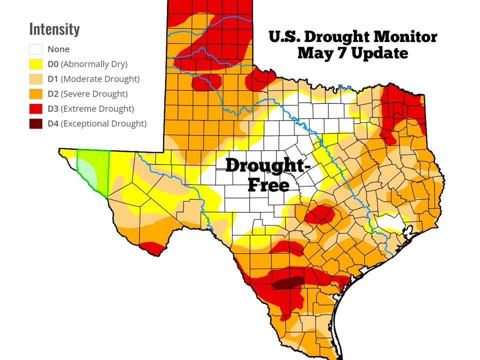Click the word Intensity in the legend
pyautogui.click(x=54, y=29)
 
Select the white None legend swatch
pyautogui.click(x=36, y=49)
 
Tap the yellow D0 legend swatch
pyautogui.click(x=36, y=64)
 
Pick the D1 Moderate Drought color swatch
pyautogui.click(x=36, y=79)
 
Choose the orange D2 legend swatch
pyautogui.click(x=36, y=93)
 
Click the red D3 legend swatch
pyautogui.click(x=36, y=108)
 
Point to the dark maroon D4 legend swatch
pyautogui.click(x=36, y=123)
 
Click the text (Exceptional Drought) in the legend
pyautogui.click(x=104, y=123)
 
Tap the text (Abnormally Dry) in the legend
pyautogui.click(x=94, y=64)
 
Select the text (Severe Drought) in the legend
pyautogui.click(x=94, y=94)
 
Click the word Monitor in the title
pyautogui.click(x=405, y=36)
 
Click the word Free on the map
pyautogui.click(x=268, y=185)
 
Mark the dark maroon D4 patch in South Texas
pyautogui.click(x=288, y=282)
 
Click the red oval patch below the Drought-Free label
pyautogui.click(x=320, y=214)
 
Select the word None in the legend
pyautogui.click(x=58, y=49)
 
